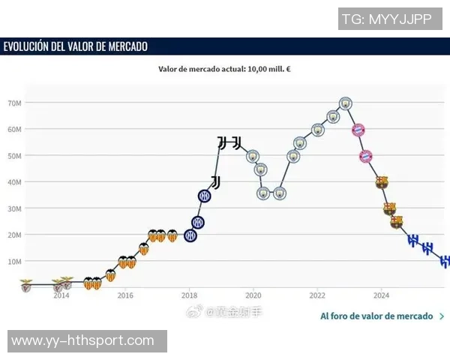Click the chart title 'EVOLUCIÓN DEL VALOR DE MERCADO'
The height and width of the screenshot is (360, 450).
(x=76, y=46)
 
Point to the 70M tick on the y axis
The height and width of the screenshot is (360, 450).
(x=13, y=103)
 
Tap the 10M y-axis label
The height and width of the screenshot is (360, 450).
(x=13, y=261)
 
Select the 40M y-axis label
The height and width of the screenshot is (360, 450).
(x=13, y=182)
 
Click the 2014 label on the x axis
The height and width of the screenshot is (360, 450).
(x=61, y=295)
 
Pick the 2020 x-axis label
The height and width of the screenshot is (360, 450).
(x=253, y=295)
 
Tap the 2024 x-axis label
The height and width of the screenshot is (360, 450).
(x=381, y=295)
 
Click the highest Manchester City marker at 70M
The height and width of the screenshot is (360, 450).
(x=346, y=103)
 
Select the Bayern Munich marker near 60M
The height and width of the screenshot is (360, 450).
(x=358, y=130)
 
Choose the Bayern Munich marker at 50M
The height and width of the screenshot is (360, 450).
(x=366, y=156)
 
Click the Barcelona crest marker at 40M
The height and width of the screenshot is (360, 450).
(x=382, y=182)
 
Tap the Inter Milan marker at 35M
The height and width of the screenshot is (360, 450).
(x=205, y=196)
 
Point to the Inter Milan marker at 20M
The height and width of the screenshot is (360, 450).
(x=190, y=235)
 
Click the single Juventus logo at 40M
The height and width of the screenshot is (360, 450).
(x=216, y=182)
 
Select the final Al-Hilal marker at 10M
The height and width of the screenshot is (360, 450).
(x=444, y=261)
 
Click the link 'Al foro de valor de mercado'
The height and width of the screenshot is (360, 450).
(x=376, y=316)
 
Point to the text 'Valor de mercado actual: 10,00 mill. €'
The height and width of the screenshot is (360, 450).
(x=224, y=69)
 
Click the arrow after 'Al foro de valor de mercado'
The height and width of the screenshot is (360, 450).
(x=442, y=316)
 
